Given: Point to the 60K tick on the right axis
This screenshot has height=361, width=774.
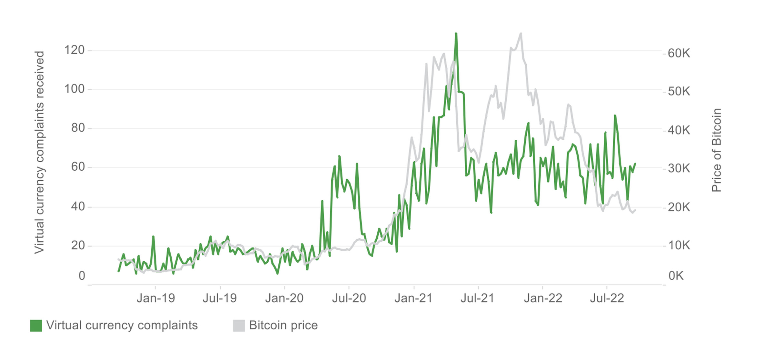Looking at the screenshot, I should point(679,53).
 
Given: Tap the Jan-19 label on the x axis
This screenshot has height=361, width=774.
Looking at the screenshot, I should point(155,298).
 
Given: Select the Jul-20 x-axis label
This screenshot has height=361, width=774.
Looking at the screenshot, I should point(349,298).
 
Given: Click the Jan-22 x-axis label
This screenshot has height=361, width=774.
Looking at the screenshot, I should point(543,298).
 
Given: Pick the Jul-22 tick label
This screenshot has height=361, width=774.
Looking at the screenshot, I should point(607,298).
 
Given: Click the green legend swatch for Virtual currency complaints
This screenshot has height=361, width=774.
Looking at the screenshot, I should point(36,326).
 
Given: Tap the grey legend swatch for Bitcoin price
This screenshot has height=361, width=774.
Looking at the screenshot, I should point(239,326).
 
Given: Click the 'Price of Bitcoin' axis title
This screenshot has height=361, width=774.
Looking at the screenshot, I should point(716,150).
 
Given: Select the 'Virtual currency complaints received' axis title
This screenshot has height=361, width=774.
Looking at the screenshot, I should point(39,152).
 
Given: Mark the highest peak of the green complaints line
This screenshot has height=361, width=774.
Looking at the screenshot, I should point(456,34).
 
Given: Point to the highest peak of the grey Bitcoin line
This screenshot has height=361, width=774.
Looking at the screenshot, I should point(521,33).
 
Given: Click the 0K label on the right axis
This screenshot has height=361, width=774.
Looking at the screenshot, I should point(676,276).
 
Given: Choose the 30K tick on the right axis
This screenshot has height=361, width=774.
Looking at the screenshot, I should point(679,168).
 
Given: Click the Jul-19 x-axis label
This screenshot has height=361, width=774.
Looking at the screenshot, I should point(220,298).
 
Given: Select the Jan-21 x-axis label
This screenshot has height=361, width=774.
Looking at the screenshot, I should point(413,298).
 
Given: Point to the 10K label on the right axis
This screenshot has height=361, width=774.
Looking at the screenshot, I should point(679,246).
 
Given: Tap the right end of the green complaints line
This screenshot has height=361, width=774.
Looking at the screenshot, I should point(635,164).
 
